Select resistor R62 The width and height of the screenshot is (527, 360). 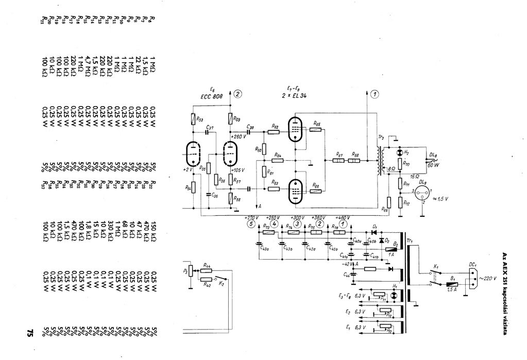(273, 132)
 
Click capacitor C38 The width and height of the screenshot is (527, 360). (250, 131)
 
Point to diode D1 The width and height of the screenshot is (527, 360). (375, 232)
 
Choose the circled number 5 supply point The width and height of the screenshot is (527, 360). (250, 224)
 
